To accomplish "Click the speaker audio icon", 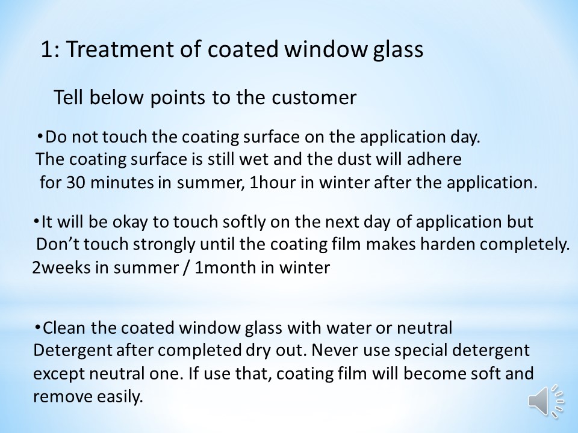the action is point(545,401).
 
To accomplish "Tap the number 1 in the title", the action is point(46,49).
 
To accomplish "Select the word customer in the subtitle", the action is point(314,97).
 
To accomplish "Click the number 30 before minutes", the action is point(76,183).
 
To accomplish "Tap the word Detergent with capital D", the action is point(73,351).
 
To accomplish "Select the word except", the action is point(59,374).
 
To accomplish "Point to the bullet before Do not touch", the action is point(40,137).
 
